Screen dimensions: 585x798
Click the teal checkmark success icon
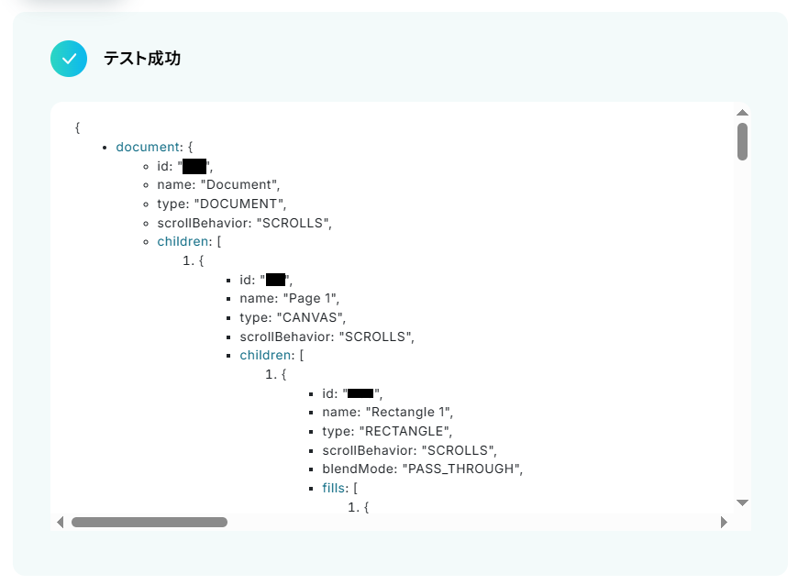[x=69, y=59]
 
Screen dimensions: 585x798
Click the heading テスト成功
[x=142, y=59]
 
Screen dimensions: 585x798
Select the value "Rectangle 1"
[x=409, y=413]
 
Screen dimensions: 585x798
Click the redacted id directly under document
[x=194, y=166]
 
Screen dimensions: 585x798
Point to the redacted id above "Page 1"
[x=276, y=280]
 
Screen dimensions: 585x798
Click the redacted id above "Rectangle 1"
[x=360, y=393]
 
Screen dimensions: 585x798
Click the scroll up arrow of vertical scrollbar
[x=743, y=112]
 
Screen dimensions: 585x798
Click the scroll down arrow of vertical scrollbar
[x=743, y=502]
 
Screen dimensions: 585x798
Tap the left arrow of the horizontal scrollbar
[x=61, y=522]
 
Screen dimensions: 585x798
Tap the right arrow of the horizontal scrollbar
[x=724, y=522]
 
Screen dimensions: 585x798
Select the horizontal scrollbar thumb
[x=150, y=522]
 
